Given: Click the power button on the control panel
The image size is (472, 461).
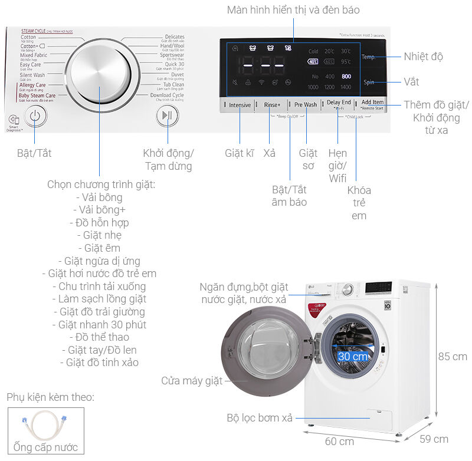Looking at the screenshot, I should click(x=35, y=116).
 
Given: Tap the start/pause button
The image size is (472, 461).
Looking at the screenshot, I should click(x=168, y=116).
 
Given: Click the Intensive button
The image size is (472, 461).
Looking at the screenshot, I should click(x=240, y=105).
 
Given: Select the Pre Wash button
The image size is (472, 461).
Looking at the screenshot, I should click(x=306, y=105).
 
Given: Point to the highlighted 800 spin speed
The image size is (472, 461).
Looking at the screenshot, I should click(x=346, y=77).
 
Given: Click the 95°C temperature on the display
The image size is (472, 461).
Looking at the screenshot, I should click(x=346, y=61).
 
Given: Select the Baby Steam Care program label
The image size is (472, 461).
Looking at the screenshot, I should click(x=37, y=96).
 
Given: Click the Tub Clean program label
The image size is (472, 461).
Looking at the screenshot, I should click(x=169, y=85).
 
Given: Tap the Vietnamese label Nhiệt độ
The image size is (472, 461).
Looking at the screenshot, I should click(x=423, y=57).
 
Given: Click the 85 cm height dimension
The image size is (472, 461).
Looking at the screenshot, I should click(x=452, y=357).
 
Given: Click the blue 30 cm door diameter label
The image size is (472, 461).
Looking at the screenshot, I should click(x=353, y=357).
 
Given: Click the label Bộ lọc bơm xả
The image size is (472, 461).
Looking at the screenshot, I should click(x=260, y=418).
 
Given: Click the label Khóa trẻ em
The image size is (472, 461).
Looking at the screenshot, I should click(x=359, y=203).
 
